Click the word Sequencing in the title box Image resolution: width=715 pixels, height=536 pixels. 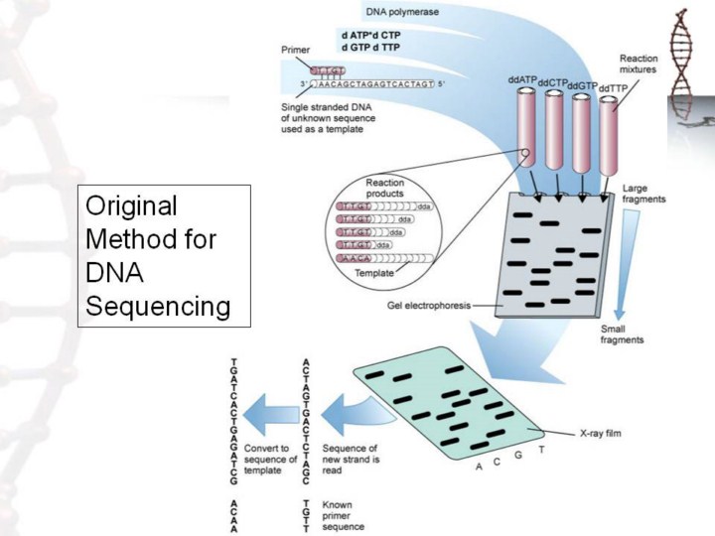pos(158,306)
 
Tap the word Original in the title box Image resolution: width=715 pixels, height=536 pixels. pos(130,206)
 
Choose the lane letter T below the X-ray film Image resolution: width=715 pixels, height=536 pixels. pos(540,450)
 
